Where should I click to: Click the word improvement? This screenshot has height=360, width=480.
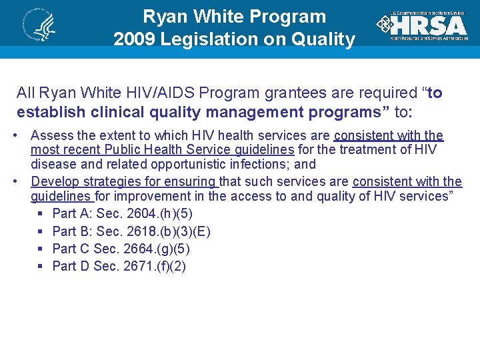tap(153, 196)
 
